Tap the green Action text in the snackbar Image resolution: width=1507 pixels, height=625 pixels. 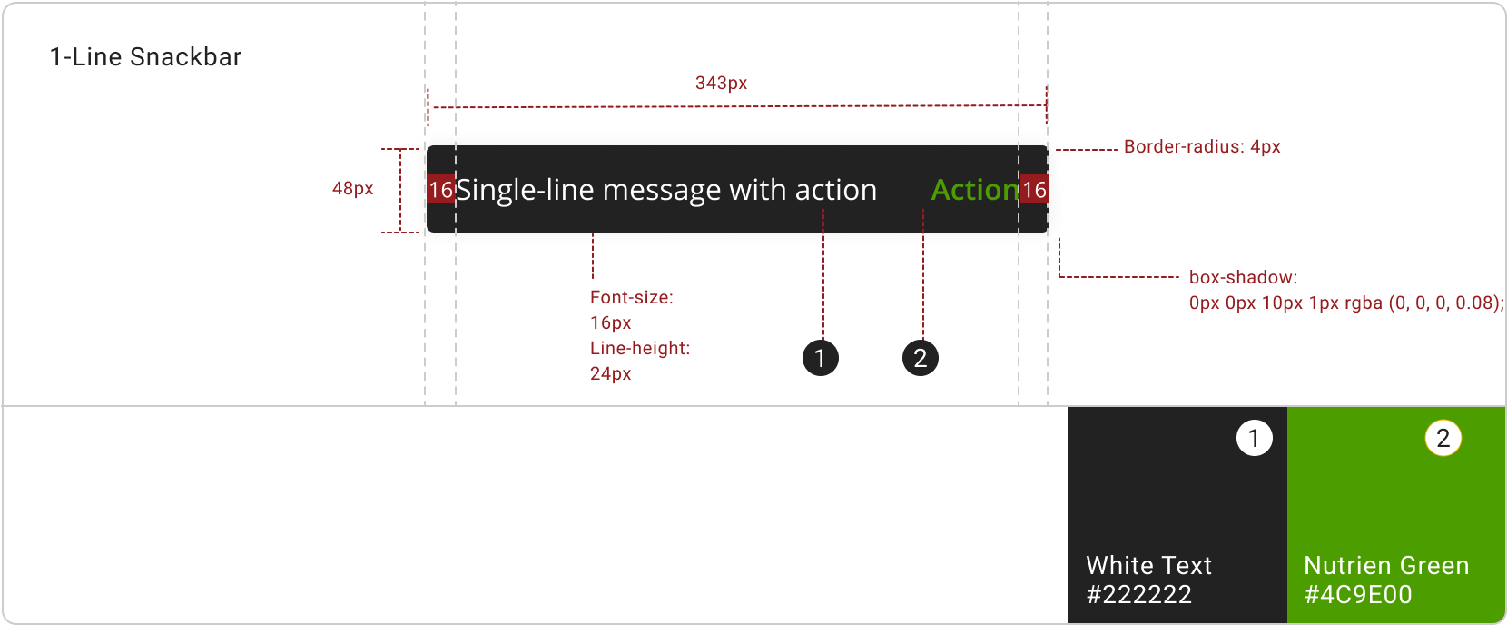pos(975,190)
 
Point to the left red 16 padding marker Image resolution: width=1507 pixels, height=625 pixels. pos(440,189)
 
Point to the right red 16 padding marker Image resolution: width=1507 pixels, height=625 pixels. pos(1034,189)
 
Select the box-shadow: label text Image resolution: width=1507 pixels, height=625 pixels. pos(1243,277)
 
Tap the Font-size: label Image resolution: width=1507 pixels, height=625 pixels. pos(632,297)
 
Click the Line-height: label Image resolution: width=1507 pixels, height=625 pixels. pos(640,348)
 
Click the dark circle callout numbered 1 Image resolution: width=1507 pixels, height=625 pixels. pos(820,358)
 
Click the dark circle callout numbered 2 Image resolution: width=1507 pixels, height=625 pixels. pos(920,358)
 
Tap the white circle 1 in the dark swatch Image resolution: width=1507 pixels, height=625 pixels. pos(1254,438)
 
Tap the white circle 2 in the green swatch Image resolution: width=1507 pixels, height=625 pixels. pos(1443,438)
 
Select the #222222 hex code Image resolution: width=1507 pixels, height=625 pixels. pos(1138,595)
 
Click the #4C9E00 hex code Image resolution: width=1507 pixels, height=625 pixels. pos(1358,595)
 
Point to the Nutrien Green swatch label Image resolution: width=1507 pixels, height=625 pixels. pos(1386,566)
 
